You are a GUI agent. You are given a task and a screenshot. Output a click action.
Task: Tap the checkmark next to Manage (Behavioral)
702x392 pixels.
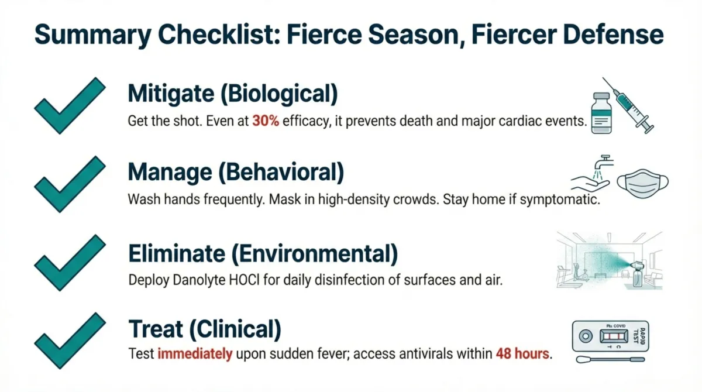[68, 183]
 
